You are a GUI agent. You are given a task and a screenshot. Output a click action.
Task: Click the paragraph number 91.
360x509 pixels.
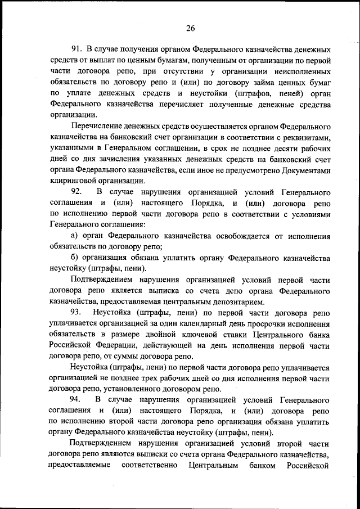point(77,50)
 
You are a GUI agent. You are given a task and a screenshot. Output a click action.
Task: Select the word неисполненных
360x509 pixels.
point(301,72)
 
